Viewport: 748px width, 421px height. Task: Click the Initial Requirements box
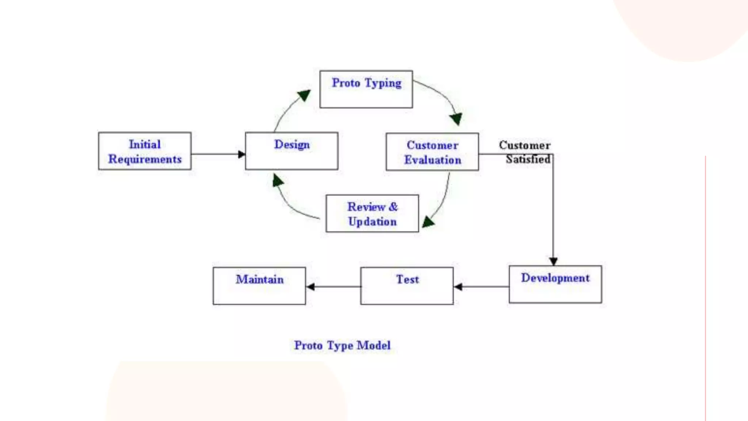click(x=145, y=151)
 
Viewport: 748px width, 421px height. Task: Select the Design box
click(x=291, y=151)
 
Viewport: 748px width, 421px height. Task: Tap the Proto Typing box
click(x=366, y=89)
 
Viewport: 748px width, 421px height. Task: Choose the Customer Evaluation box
click(x=432, y=152)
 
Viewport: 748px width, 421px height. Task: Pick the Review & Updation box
click(x=372, y=213)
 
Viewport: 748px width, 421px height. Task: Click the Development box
click(x=555, y=284)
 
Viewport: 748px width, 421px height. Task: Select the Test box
click(x=407, y=286)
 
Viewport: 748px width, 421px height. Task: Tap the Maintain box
click(x=259, y=286)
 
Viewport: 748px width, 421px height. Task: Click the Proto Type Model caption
click(x=342, y=345)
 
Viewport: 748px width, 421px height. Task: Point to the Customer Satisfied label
click(x=525, y=152)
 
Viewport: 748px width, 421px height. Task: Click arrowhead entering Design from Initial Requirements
click(x=241, y=154)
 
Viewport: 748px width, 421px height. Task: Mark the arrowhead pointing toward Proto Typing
click(x=304, y=95)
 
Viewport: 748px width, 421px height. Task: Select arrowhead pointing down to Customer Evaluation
click(x=456, y=119)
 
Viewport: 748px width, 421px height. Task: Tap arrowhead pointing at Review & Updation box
click(x=428, y=221)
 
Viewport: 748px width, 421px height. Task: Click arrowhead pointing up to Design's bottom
click(x=278, y=180)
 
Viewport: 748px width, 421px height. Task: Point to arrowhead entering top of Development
click(x=553, y=261)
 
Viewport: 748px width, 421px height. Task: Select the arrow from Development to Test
click(x=481, y=287)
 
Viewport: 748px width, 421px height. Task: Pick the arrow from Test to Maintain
click(x=333, y=287)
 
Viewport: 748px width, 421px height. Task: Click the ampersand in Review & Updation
click(x=393, y=207)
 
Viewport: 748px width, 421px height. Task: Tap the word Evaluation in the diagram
click(x=432, y=160)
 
